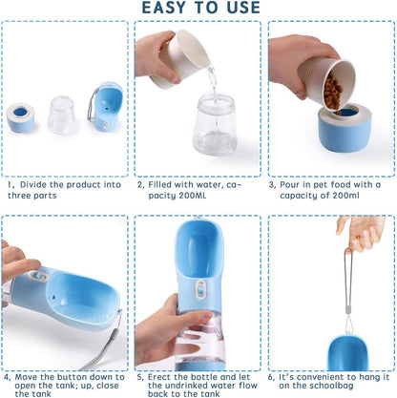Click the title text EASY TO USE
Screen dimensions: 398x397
[198, 9]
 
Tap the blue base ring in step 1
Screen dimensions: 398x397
[21, 118]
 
